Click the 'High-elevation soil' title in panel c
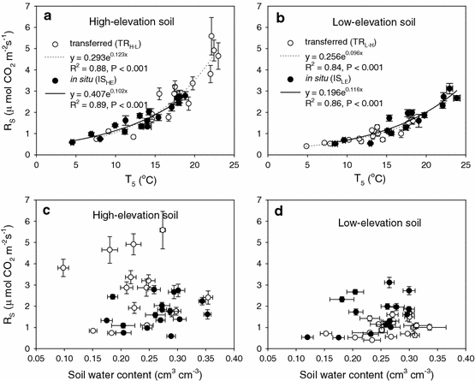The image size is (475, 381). [122, 213]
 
